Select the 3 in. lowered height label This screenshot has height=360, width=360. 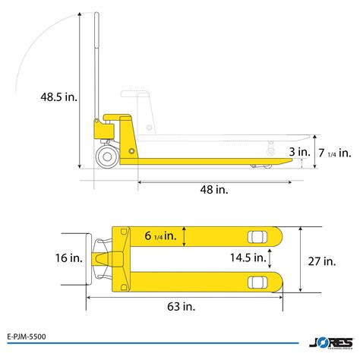point(298,152)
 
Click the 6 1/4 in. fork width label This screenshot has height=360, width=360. point(160,236)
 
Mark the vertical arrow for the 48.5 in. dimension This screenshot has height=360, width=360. point(79,91)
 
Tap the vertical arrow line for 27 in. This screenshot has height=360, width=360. point(302,259)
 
